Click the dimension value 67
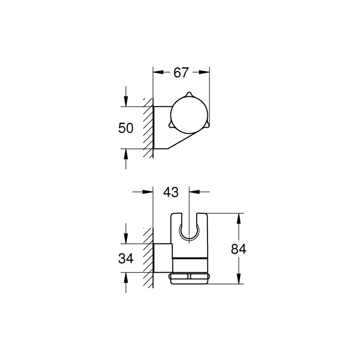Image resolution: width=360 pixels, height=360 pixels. [181, 73]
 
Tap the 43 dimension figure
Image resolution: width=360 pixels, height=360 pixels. [171, 192]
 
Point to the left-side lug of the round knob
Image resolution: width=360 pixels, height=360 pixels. [170, 126]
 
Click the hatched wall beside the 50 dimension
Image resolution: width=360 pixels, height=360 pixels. [148, 128]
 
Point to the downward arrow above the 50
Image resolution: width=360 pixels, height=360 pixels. [126, 102]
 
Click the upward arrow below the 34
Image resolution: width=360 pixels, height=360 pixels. [126, 276]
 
